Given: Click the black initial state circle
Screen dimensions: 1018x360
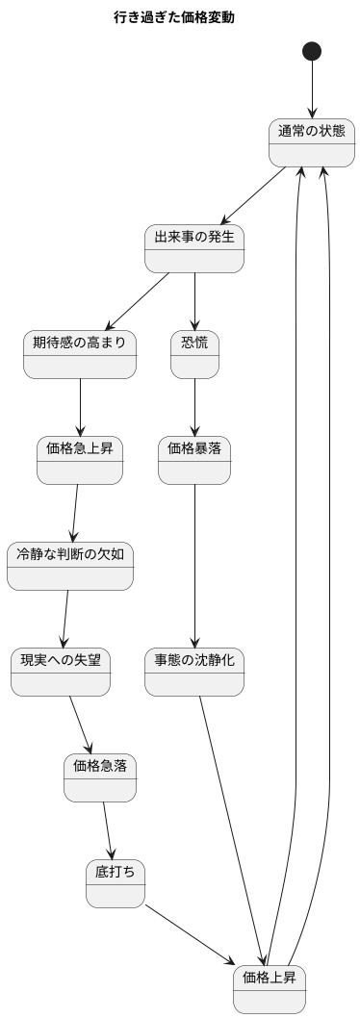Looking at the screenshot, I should coord(312,51).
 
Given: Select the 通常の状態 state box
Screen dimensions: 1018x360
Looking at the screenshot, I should coord(312,142).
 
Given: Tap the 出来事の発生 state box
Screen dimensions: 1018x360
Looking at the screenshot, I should coord(194,248).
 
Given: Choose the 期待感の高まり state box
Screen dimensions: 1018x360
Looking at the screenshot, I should coord(80,354).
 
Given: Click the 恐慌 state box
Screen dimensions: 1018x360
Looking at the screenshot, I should coord(194,354).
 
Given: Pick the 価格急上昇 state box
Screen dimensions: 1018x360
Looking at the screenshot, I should coord(80,460).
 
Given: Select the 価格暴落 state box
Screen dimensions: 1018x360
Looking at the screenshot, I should coord(194,460).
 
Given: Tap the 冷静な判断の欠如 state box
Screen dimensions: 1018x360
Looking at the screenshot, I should coord(70,566).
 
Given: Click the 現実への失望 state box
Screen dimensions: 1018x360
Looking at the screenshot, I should coord(61,672).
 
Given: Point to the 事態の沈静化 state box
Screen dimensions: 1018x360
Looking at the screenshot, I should coord(194,672).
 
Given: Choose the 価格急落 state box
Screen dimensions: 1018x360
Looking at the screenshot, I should coord(100,777).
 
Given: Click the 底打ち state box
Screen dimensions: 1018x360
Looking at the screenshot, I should coord(115,883).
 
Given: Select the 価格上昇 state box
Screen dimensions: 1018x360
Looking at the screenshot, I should coord(270,989).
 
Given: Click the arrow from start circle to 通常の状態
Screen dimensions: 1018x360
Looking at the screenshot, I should coord(312,90).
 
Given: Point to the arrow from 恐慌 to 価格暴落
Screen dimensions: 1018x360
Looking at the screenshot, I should coord(194,407).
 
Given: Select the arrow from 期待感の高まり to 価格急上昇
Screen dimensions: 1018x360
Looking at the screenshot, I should coord(80,407).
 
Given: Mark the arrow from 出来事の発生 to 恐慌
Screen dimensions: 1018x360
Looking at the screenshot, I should coord(194,301).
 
